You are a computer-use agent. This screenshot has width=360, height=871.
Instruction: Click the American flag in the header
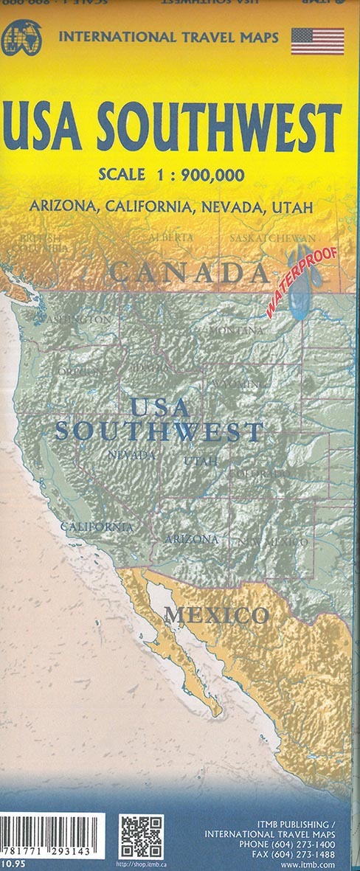click(317, 41)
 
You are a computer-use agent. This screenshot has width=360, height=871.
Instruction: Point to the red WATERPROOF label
click(302, 282)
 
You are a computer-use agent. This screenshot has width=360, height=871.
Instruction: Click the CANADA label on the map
click(190, 273)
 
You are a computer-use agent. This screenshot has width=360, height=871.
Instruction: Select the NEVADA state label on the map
click(131, 456)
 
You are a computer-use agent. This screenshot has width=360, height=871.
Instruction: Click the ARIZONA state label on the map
click(191, 539)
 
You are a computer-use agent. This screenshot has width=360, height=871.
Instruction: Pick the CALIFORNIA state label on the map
click(97, 527)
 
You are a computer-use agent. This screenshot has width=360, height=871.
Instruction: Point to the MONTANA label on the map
click(236, 331)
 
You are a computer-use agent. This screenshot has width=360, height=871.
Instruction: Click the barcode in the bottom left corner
click(52, 834)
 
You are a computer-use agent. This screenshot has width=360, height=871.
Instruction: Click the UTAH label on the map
click(201, 461)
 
